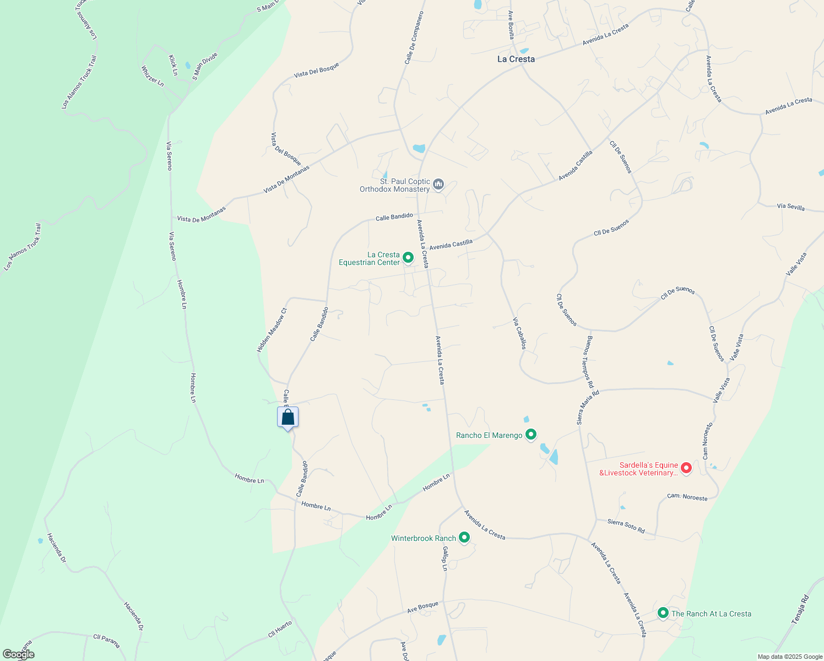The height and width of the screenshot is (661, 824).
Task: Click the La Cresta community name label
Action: [x=516, y=59]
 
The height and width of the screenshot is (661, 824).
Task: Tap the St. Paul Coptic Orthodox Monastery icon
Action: [x=438, y=184]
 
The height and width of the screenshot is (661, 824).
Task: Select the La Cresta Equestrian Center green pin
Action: [x=408, y=257]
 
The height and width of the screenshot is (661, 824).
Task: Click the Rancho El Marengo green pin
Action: [x=531, y=434]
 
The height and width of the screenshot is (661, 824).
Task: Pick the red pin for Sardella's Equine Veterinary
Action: [x=686, y=468]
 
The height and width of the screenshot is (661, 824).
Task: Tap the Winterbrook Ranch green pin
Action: [x=464, y=537]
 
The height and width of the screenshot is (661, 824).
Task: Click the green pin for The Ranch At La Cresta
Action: [x=663, y=613]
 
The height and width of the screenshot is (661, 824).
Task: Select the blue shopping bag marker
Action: [x=288, y=418]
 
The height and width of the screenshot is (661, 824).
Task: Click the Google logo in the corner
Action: [x=18, y=654]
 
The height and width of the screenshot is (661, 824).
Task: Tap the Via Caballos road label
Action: [x=519, y=333]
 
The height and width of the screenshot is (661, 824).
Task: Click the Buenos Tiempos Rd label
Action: [x=590, y=361]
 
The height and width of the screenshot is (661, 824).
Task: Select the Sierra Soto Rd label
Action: [x=626, y=525]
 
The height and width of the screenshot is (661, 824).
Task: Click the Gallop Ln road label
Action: [x=444, y=559]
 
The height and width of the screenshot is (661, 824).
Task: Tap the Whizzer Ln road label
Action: [x=153, y=76]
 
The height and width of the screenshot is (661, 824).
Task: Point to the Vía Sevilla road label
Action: [x=790, y=207]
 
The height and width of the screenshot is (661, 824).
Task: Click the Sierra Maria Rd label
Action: [x=588, y=408]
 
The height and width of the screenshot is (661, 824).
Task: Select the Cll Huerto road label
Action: [x=280, y=629]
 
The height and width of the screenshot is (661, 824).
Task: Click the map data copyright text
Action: [x=790, y=657]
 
